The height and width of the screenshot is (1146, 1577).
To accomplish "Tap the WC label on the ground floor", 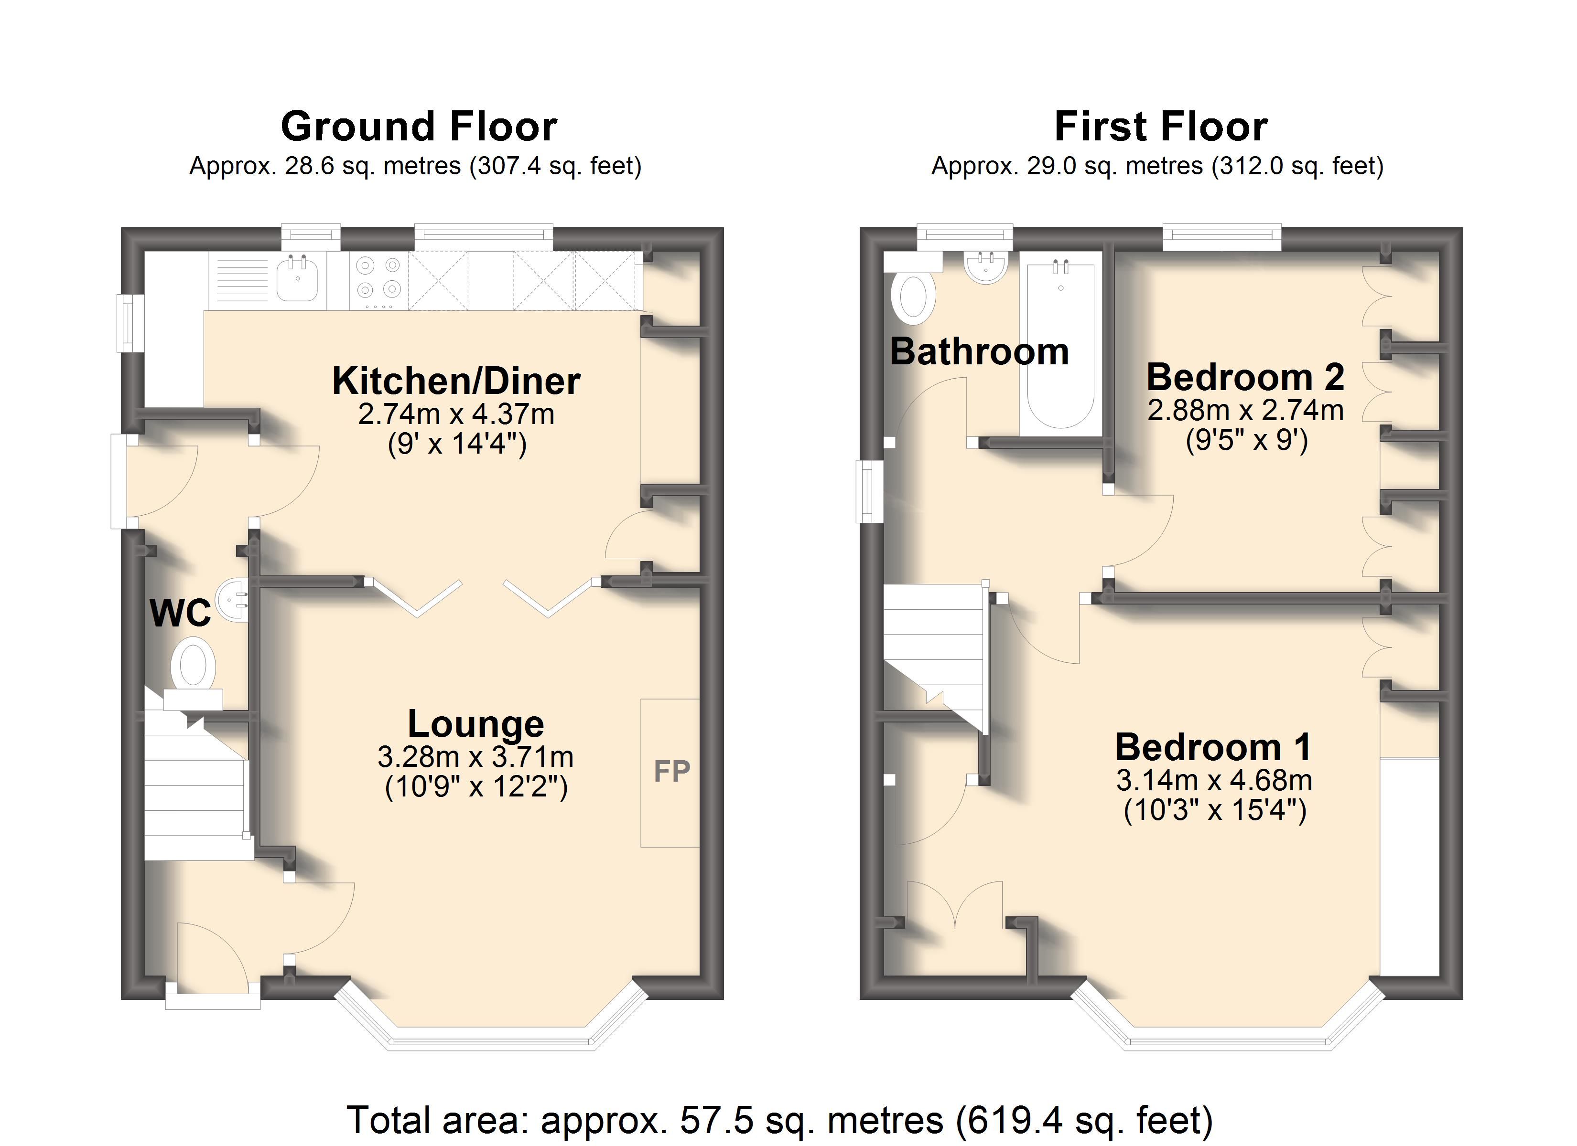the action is click(180, 613).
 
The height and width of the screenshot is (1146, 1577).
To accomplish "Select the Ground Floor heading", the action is click(419, 127).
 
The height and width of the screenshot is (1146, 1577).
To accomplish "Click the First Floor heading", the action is click(1160, 127).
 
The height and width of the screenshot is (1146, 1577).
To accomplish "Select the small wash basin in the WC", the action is click(233, 599).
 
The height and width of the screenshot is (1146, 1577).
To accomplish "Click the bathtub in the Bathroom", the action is click(1060, 343).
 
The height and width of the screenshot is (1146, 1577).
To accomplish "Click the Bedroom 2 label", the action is click(1244, 377).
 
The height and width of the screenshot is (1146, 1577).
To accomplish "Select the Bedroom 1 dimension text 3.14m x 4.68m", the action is click(1214, 780).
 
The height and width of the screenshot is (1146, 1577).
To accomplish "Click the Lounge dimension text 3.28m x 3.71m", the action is click(475, 756).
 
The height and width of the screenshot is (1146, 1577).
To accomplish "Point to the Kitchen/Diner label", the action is click(456, 381).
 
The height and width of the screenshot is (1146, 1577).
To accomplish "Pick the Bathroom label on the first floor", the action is click(979, 351).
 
